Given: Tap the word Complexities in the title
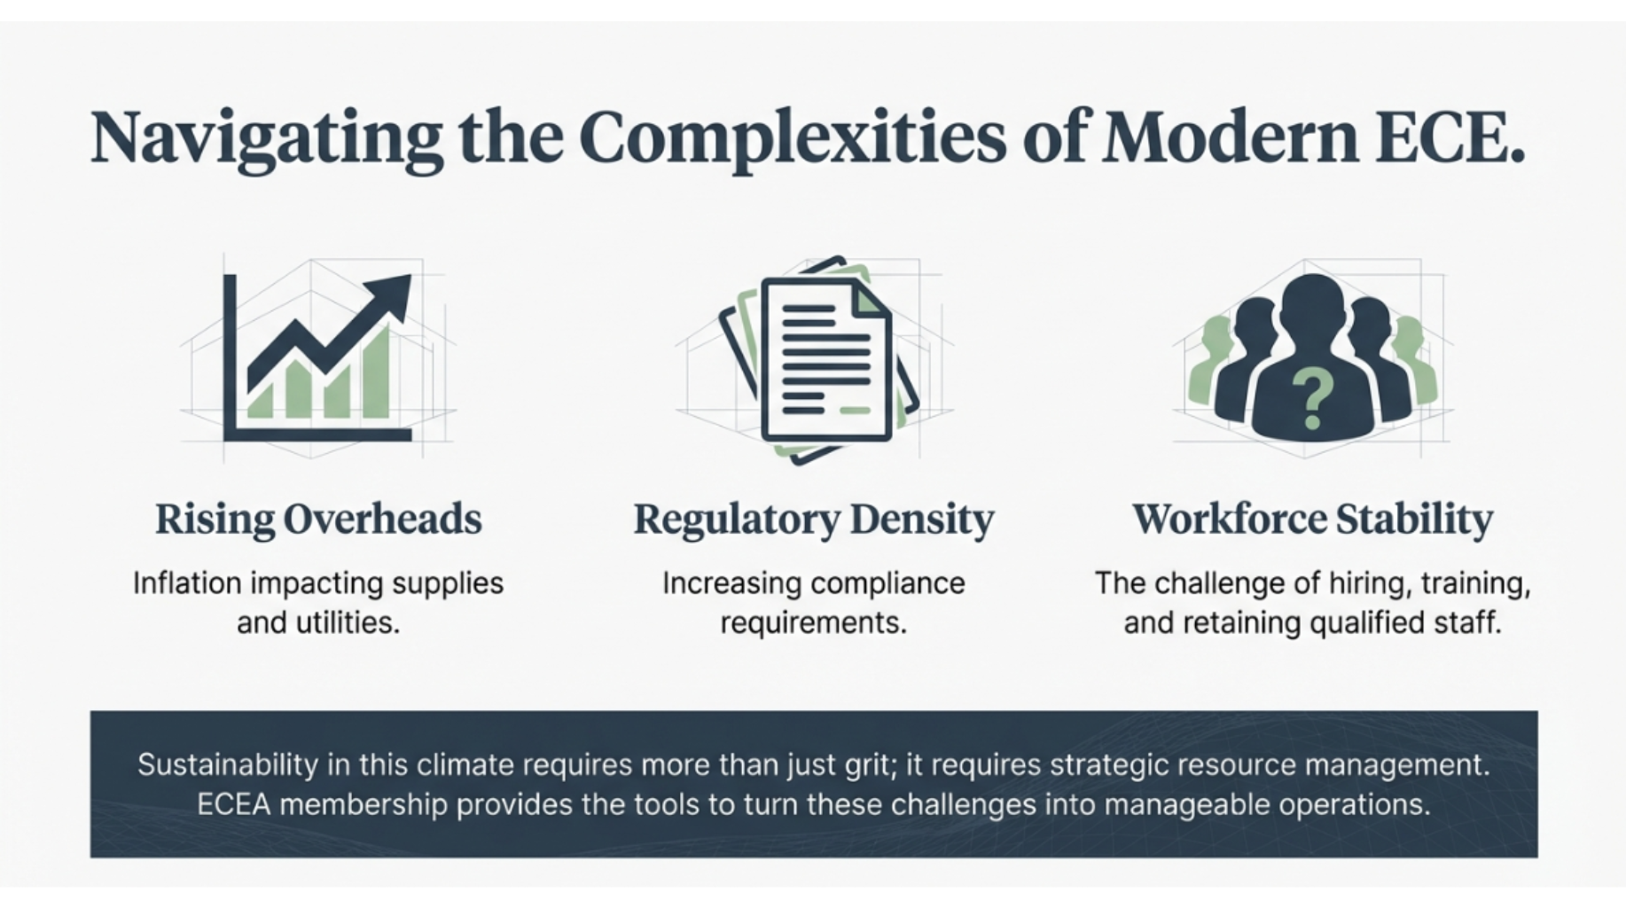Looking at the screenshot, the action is pos(793,138).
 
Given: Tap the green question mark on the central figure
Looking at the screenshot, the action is pos(1312,399).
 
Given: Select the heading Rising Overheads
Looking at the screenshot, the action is pos(318,519).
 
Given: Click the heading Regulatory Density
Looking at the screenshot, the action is pos(813,519).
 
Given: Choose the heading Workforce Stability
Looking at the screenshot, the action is pos(1312,519).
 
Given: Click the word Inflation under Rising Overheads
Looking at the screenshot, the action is pos(187,583).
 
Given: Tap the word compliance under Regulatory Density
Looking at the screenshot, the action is pos(887,583).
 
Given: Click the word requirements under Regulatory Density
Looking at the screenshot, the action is pos(813,622).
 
